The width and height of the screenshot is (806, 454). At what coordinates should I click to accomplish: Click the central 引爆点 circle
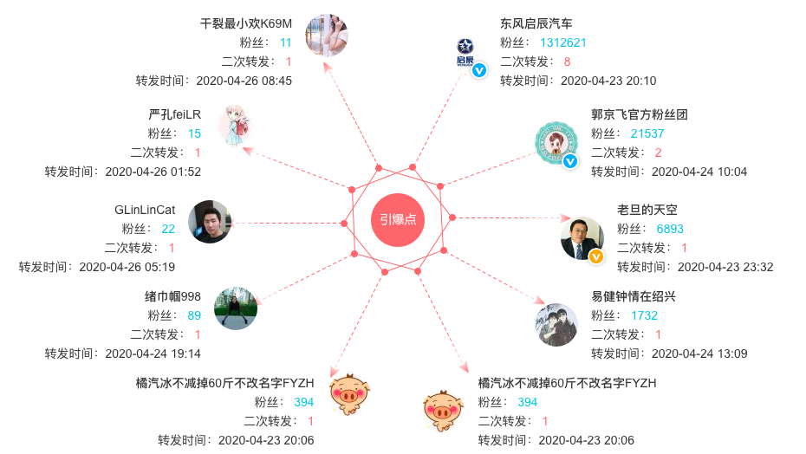point(398,219)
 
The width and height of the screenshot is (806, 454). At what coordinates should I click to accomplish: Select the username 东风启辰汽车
point(536,23)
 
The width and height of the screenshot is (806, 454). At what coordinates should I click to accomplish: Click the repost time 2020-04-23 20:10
point(608,81)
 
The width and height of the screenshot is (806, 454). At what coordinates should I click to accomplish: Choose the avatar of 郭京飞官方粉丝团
point(556,143)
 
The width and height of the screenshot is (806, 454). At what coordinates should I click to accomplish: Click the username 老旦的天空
point(647,210)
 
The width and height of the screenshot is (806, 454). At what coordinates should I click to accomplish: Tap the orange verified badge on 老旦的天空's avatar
point(596,256)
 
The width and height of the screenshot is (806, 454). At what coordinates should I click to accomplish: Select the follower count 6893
point(670,229)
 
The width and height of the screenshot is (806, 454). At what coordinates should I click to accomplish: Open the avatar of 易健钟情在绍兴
point(556,325)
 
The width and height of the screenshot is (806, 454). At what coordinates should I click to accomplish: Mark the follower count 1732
point(644,315)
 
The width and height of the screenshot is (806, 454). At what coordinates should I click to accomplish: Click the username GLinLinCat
point(145,210)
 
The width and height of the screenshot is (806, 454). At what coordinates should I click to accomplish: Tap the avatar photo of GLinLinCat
point(210,222)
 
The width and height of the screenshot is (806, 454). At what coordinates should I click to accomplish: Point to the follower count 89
point(194,315)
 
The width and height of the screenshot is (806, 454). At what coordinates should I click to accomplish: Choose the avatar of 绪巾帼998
point(236,308)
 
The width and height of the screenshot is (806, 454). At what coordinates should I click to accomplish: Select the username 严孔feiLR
point(174,114)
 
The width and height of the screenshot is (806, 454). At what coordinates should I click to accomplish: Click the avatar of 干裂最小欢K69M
point(327,36)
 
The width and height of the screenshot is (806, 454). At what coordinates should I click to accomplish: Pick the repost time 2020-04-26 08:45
point(244,81)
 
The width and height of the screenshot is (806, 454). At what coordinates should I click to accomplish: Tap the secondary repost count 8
point(567,62)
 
